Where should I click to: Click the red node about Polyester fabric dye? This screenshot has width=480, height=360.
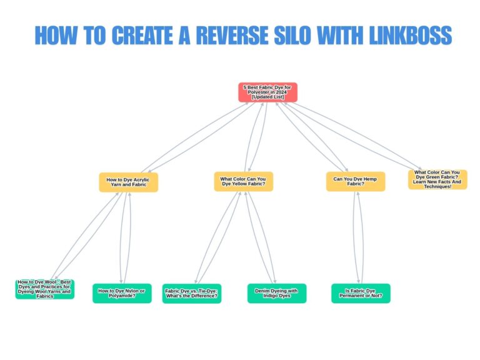(x=267, y=92)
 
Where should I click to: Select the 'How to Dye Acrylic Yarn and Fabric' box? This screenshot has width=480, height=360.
(x=128, y=182)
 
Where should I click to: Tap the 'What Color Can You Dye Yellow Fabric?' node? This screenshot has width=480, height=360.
(x=243, y=182)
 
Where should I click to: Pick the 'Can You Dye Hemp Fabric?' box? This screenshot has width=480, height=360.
(x=356, y=182)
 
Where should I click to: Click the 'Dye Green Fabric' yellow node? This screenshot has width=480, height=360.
(x=437, y=179)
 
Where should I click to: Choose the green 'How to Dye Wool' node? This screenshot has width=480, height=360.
(x=44, y=289)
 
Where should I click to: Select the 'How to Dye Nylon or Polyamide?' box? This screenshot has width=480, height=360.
(x=122, y=293)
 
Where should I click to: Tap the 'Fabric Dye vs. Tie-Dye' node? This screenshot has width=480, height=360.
(x=191, y=293)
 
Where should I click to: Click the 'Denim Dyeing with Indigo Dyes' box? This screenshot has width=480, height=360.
(x=277, y=293)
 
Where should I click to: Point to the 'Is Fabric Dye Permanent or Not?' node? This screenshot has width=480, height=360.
(x=361, y=293)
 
